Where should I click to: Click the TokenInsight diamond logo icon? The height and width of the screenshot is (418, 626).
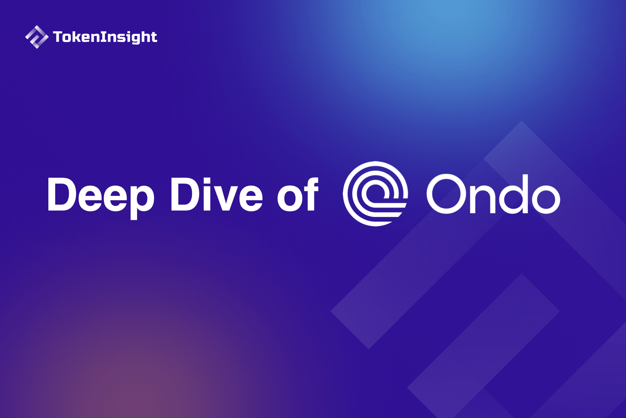click(37, 37)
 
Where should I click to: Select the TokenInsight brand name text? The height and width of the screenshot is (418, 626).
click(105, 37)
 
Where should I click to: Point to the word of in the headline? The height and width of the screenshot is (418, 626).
click(298, 194)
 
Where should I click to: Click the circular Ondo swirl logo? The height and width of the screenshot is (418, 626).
click(375, 194)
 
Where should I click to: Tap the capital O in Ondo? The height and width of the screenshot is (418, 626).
click(446, 194)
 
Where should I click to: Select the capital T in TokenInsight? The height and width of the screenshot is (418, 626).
click(58, 37)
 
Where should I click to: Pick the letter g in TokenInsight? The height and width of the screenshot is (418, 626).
click(134, 38)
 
